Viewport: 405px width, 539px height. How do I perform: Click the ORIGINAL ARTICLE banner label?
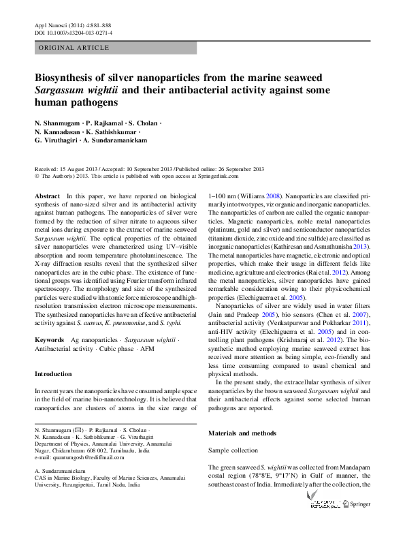tap(74, 48)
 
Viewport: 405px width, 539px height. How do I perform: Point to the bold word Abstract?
tap(46, 196)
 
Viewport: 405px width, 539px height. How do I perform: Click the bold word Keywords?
tap(49, 339)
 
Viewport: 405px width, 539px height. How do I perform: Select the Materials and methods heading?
tap(242, 433)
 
